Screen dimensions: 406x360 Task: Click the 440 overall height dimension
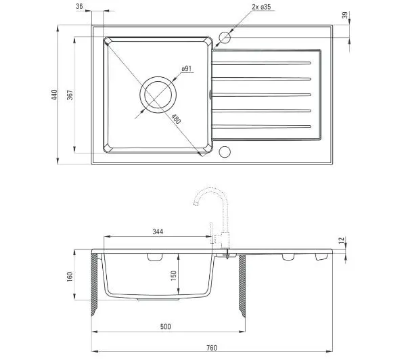[x=54, y=95]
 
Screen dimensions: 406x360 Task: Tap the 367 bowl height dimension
[x=70, y=95]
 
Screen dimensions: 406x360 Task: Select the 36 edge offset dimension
[x=79, y=6]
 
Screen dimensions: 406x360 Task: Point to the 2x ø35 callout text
[x=261, y=7]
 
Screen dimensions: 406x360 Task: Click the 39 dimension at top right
[x=344, y=16]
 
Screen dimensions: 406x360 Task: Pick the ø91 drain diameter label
[x=187, y=68]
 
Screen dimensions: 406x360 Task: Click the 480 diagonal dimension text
[x=176, y=119]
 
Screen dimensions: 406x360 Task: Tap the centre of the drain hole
[x=158, y=95]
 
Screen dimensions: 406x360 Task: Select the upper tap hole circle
[x=225, y=37]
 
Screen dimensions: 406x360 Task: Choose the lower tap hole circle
[x=225, y=152]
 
